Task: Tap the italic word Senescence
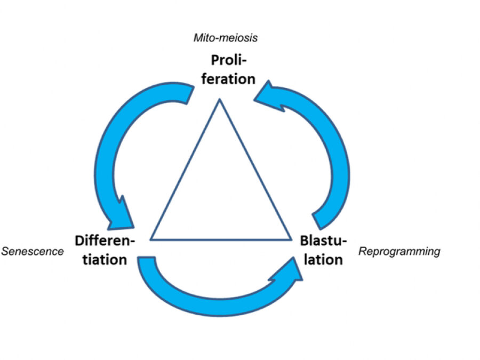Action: pyautogui.click(x=33, y=251)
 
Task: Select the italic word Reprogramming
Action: pyautogui.click(x=399, y=251)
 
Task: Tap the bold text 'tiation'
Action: pyautogui.click(x=101, y=260)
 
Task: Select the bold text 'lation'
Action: pyautogui.click(x=323, y=260)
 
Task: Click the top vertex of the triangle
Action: pyautogui.click(x=219, y=100)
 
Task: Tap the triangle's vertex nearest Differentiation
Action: pyautogui.click(x=151, y=239)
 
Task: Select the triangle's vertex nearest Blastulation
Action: pyautogui.click(x=291, y=239)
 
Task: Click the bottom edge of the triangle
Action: pyautogui.click(x=221, y=239)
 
